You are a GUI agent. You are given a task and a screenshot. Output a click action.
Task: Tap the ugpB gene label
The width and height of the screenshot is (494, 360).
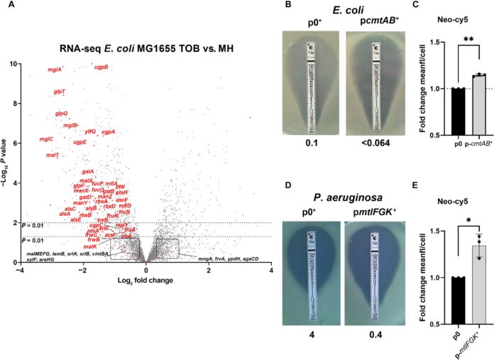pos(101,67)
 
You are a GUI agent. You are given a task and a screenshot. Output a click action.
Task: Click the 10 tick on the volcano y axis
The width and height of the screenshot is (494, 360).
pos(16,63)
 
